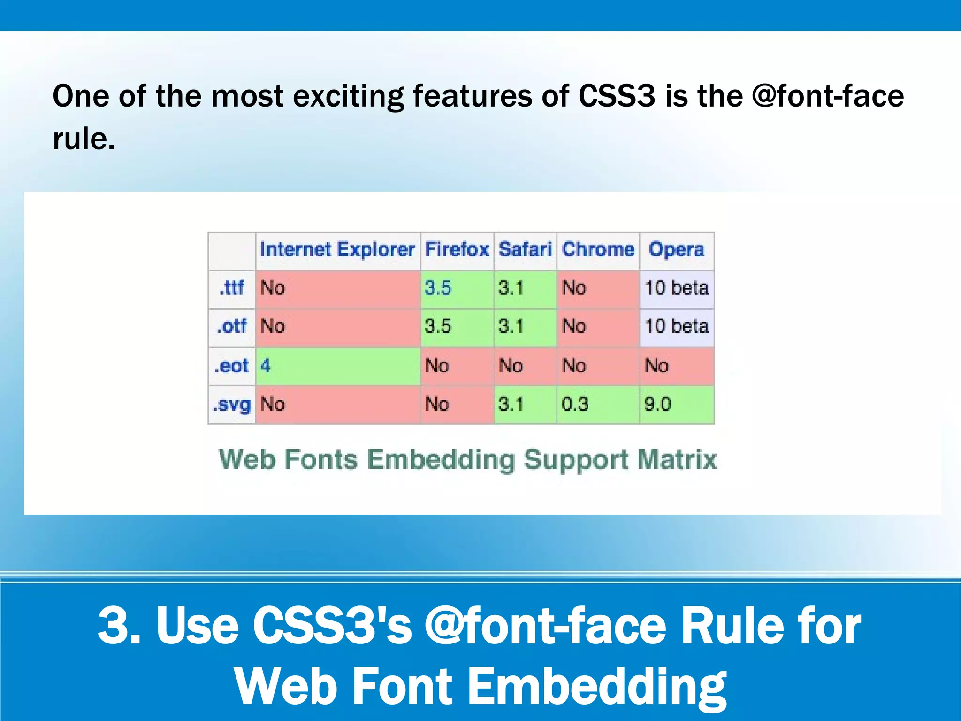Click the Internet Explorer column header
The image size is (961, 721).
tap(337, 249)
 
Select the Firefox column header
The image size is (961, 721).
tap(457, 249)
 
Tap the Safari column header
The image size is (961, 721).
tap(525, 249)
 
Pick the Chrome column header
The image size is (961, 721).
tap(598, 249)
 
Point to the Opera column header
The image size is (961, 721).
tap(676, 249)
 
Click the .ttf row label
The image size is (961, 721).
tap(232, 287)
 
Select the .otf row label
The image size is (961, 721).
tap(232, 326)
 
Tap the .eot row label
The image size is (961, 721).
tap(232, 366)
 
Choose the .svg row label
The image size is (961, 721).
tap(232, 404)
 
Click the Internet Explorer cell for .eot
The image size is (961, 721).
tap(337, 366)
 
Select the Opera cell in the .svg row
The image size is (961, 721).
tap(676, 404)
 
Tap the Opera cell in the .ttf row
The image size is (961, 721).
tap(676, 287)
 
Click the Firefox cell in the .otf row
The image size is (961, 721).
tap(457, 326)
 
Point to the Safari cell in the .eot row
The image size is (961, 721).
tap(525, 366)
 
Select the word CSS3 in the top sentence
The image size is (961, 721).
tap(616, 96)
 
